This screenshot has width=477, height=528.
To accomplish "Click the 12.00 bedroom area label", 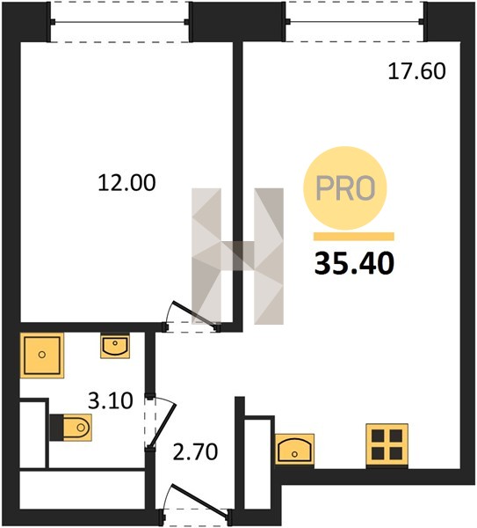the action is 127,183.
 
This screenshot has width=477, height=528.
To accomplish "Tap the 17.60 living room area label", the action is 417,71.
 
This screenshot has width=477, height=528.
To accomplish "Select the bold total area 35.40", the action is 354,263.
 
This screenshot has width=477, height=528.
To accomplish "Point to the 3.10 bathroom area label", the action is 111,400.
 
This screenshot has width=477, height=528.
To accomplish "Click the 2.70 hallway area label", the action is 195,452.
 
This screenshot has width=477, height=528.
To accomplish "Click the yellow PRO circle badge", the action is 345,188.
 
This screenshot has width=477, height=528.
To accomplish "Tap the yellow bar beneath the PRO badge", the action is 354,237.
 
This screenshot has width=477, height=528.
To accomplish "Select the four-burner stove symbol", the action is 387,446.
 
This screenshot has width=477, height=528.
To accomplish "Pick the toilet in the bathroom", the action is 71,428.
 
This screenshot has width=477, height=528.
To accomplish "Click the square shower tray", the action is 42,356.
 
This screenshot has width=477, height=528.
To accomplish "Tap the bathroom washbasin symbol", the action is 115,346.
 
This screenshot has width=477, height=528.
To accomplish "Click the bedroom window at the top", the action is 119,22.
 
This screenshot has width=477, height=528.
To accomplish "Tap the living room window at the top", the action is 355,21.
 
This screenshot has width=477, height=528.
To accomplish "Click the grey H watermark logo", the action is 238,256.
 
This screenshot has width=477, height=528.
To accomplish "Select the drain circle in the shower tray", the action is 42,355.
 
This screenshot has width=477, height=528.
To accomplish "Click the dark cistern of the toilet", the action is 56,428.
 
